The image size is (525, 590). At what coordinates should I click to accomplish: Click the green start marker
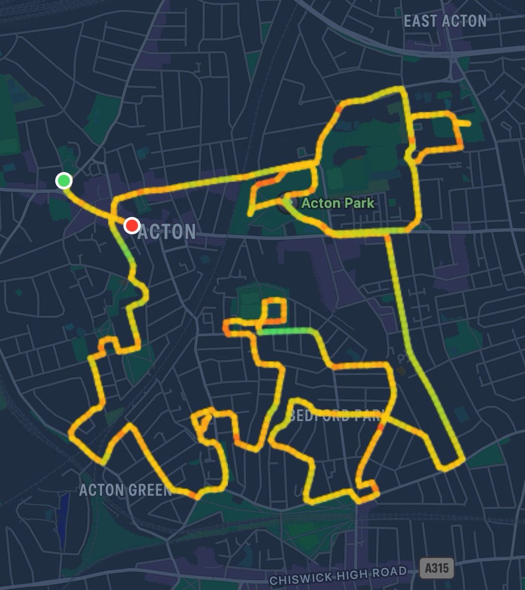pos(64,181)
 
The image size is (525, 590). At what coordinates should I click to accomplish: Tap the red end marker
pos(131,226)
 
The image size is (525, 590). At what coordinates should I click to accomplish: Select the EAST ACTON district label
pos(445,21)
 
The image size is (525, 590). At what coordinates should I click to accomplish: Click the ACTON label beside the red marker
pos(167,232)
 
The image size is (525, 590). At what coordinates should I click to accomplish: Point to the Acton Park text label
pos(337,203)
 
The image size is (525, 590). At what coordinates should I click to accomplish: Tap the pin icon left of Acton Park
pos(286,202)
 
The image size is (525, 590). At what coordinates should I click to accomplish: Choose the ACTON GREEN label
pos(125,490)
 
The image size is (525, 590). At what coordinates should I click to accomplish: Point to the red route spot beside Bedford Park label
pos(380,427)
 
